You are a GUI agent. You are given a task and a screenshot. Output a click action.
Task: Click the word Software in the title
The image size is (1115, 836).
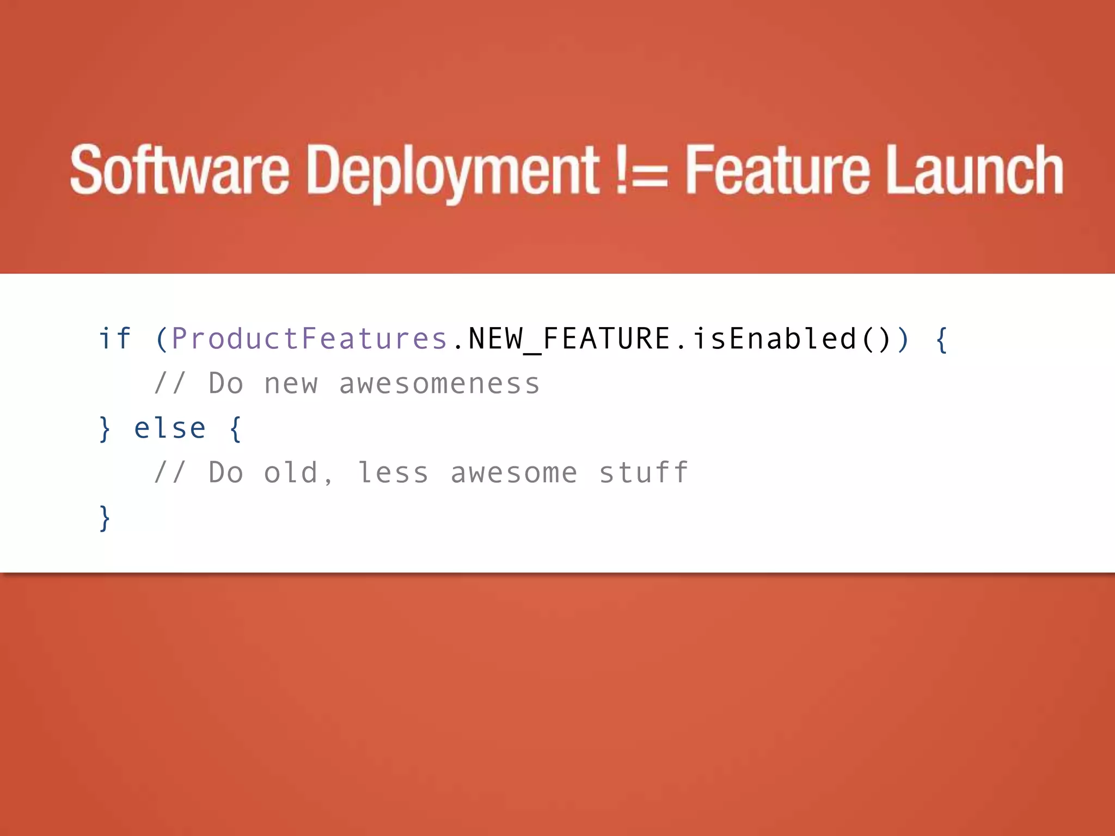180,170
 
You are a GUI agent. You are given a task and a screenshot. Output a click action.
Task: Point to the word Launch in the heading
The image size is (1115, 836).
975,170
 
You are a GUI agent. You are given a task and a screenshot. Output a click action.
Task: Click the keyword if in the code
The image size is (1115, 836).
115,339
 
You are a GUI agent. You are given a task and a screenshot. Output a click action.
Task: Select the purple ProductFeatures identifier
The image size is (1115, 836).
309,339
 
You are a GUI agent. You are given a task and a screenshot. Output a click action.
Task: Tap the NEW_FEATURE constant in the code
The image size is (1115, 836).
569,339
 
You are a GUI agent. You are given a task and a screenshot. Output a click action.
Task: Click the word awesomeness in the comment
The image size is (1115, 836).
439,384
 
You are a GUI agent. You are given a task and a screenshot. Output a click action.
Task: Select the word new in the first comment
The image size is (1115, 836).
291,384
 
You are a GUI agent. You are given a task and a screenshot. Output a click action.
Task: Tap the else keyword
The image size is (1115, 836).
170,428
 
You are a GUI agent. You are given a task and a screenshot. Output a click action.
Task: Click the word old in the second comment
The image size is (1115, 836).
291,472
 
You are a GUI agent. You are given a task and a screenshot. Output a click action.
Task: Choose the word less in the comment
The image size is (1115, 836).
393,472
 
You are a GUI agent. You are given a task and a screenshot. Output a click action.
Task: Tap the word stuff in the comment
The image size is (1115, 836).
644,472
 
